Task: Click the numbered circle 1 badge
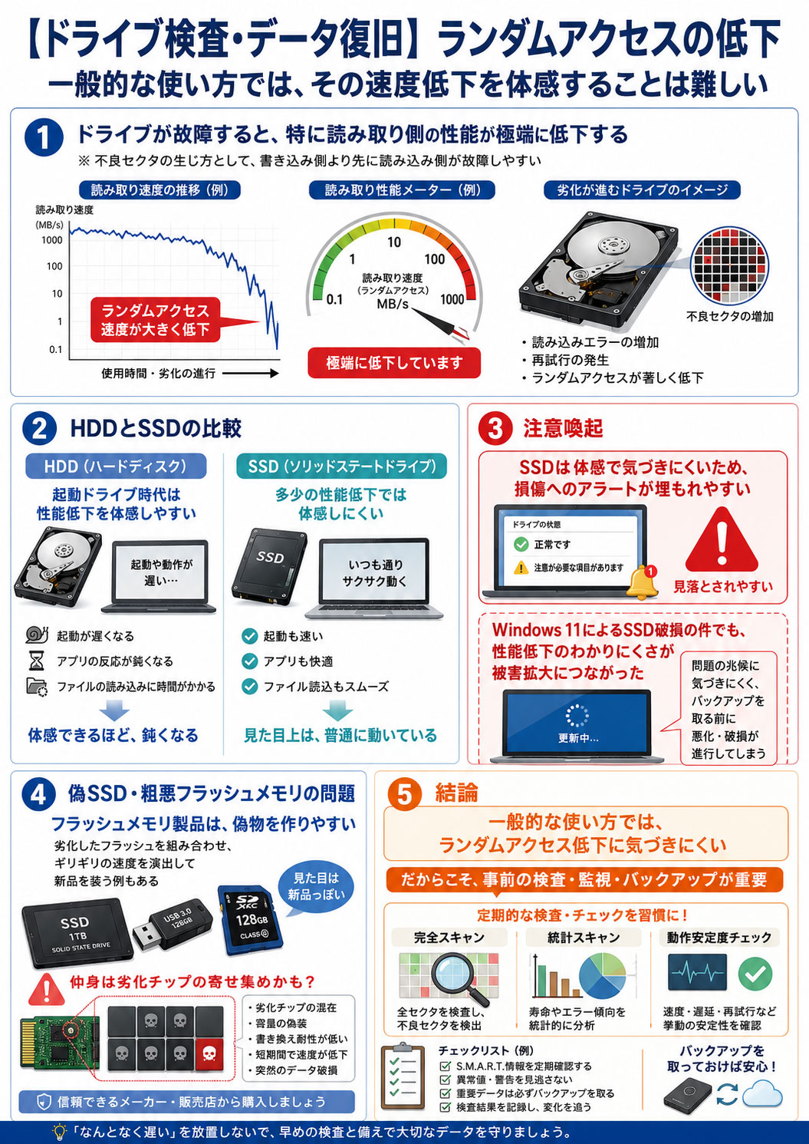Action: coord(44,137)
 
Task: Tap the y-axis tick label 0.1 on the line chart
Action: coord(55,349)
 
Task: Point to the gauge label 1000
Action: coord(452,299)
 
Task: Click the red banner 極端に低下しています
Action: coord(394,363)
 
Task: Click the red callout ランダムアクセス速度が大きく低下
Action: coord(156,320)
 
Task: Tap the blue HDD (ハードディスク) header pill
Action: coord(116,466)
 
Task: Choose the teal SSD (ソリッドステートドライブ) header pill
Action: coord(341,466)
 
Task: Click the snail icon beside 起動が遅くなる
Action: coord(37,635)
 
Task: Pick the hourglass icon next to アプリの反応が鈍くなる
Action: coord(36,661)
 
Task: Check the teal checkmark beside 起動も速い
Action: coord(249,636)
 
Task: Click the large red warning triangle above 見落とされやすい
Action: coord(722,539)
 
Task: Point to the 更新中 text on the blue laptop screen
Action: coord(577,738)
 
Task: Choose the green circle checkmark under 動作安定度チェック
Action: coord(755,974)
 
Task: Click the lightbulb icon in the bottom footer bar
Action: coord(61,1132)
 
